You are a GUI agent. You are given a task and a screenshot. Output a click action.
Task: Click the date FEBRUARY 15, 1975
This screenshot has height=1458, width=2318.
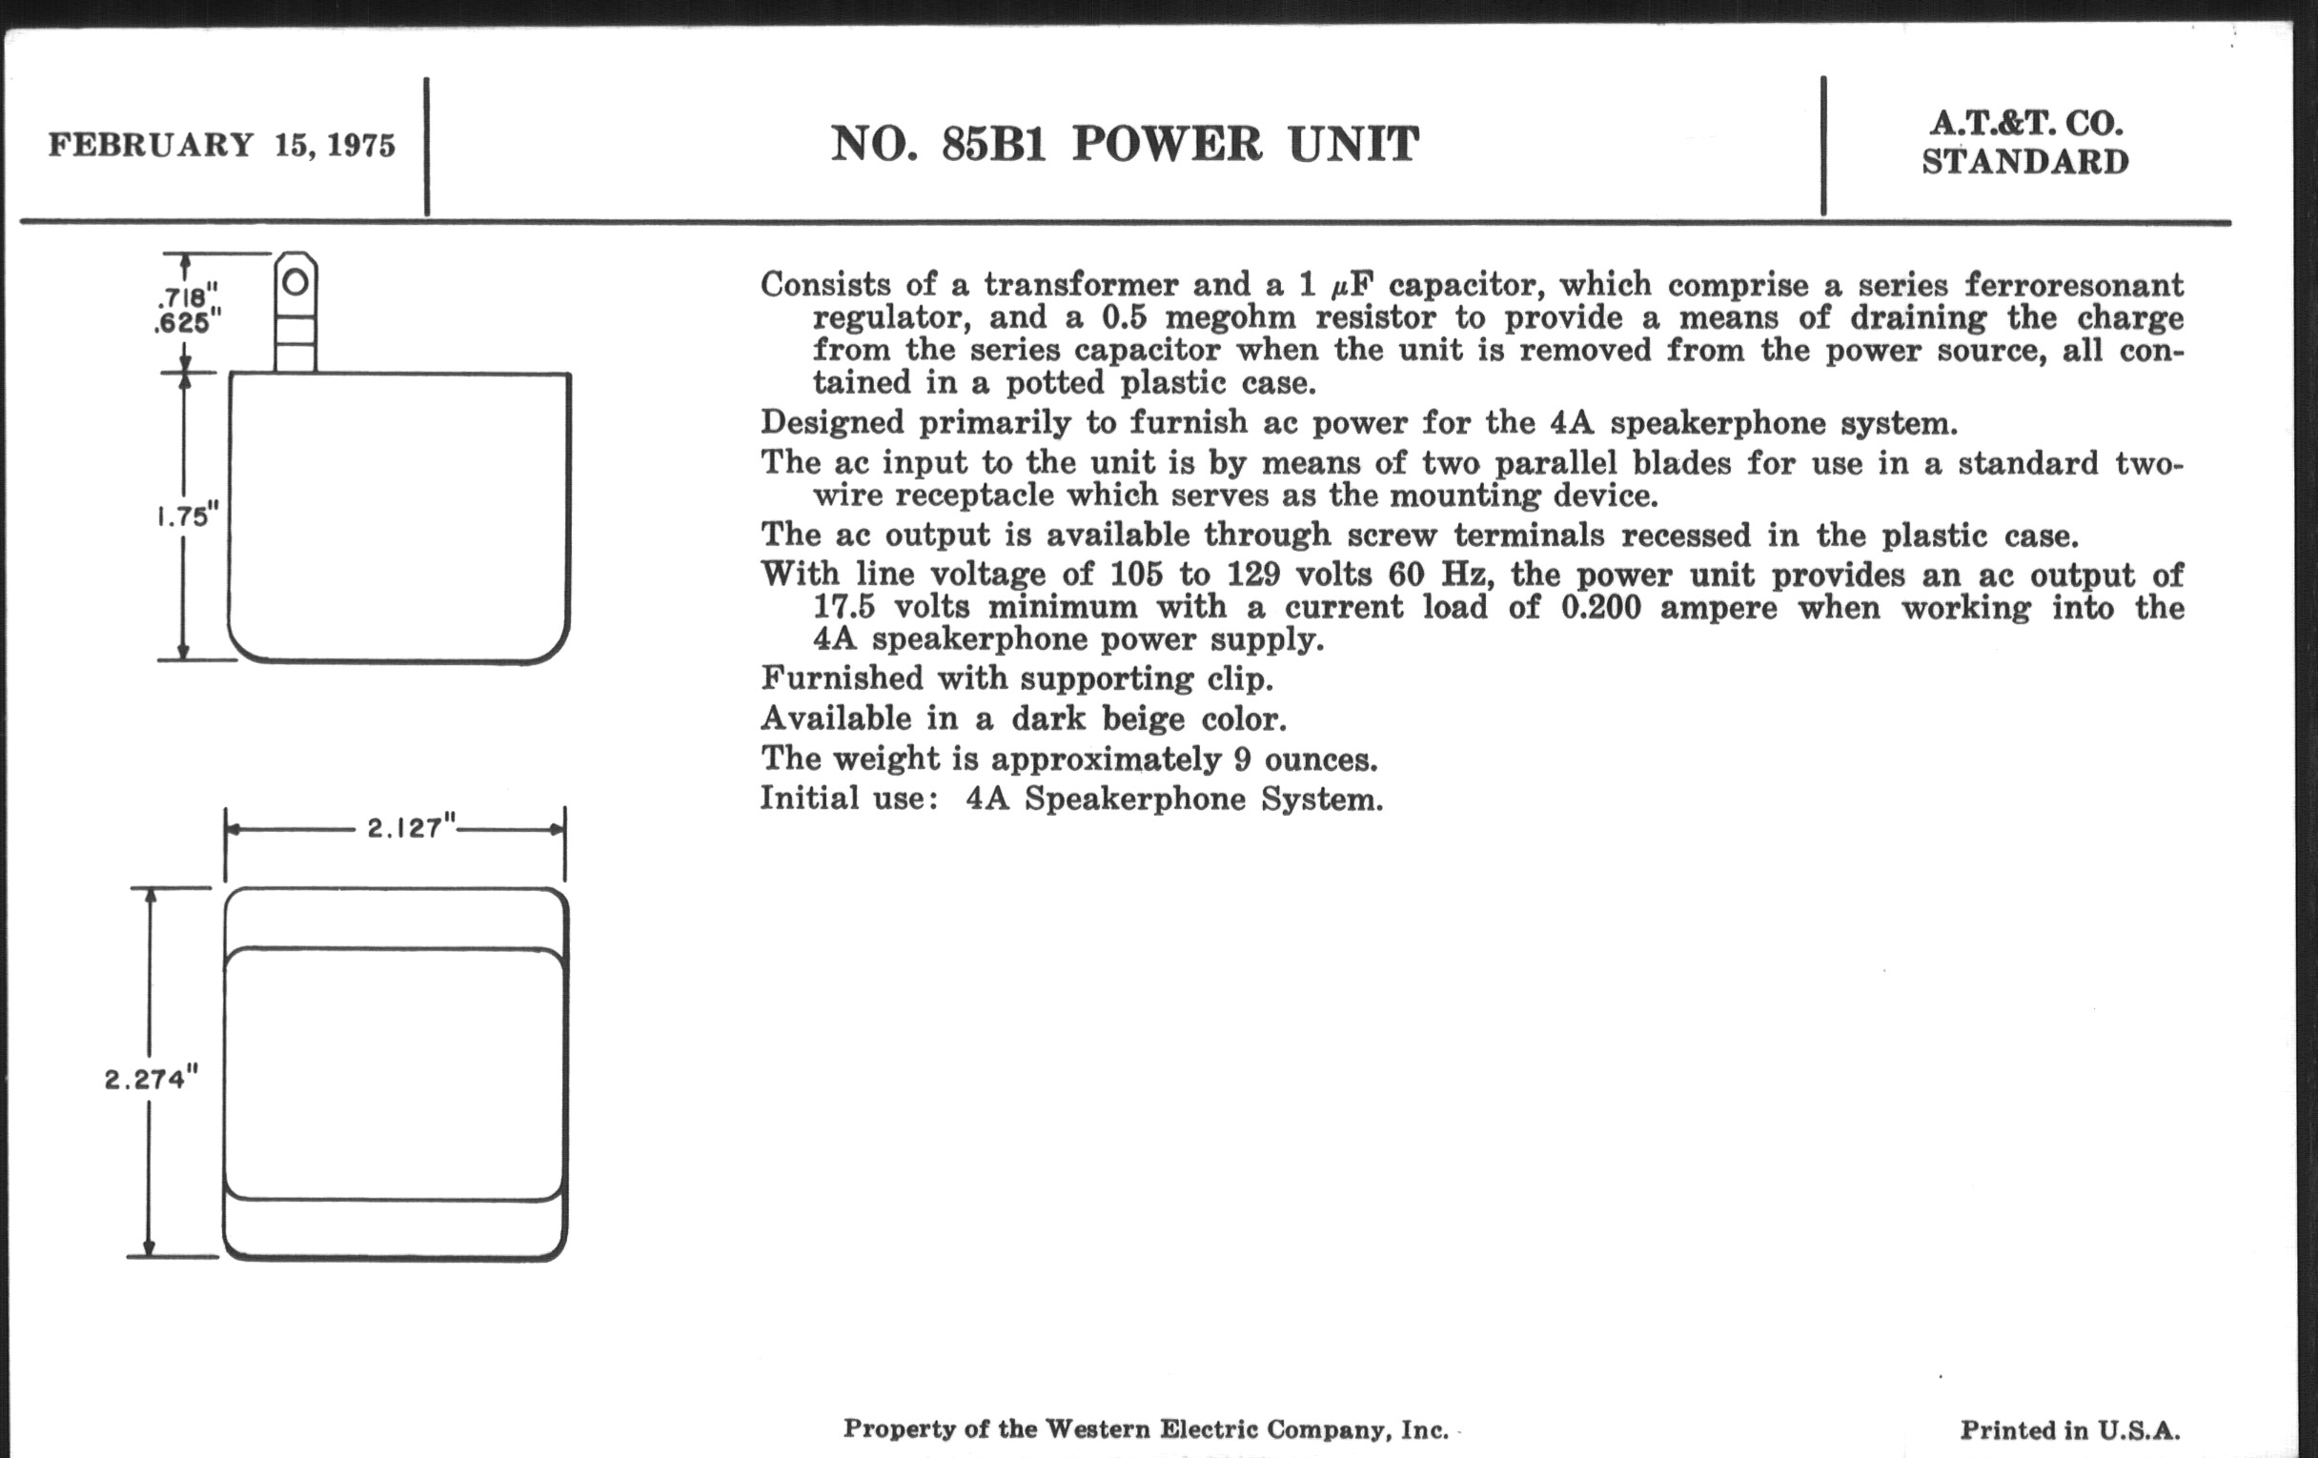221,145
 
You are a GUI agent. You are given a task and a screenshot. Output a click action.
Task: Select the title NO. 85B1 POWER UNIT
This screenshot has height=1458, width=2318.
1125,144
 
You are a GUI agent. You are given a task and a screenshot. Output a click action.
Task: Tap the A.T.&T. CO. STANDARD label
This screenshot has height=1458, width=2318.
2025,142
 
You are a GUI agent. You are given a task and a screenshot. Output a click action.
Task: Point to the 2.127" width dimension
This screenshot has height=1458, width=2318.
411,828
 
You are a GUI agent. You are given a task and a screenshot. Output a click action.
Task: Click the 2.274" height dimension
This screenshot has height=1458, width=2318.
152,1079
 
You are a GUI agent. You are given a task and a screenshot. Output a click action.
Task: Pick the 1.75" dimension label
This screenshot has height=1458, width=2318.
188,516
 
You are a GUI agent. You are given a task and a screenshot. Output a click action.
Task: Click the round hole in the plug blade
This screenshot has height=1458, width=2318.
296,282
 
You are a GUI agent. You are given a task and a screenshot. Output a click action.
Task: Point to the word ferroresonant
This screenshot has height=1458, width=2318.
2073,286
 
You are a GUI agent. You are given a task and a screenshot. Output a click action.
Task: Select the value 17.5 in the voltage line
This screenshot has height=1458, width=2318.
844,607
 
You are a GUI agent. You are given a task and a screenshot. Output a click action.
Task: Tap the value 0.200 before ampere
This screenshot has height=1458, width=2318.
1600,607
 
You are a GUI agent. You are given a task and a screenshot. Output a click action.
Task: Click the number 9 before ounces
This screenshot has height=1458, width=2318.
1243,759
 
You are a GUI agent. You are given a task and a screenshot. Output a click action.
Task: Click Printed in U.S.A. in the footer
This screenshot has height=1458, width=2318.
2069,1430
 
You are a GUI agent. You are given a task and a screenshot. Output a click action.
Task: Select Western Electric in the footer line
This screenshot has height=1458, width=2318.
1152,1429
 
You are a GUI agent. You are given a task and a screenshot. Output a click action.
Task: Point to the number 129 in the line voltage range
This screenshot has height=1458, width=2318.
1252,575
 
